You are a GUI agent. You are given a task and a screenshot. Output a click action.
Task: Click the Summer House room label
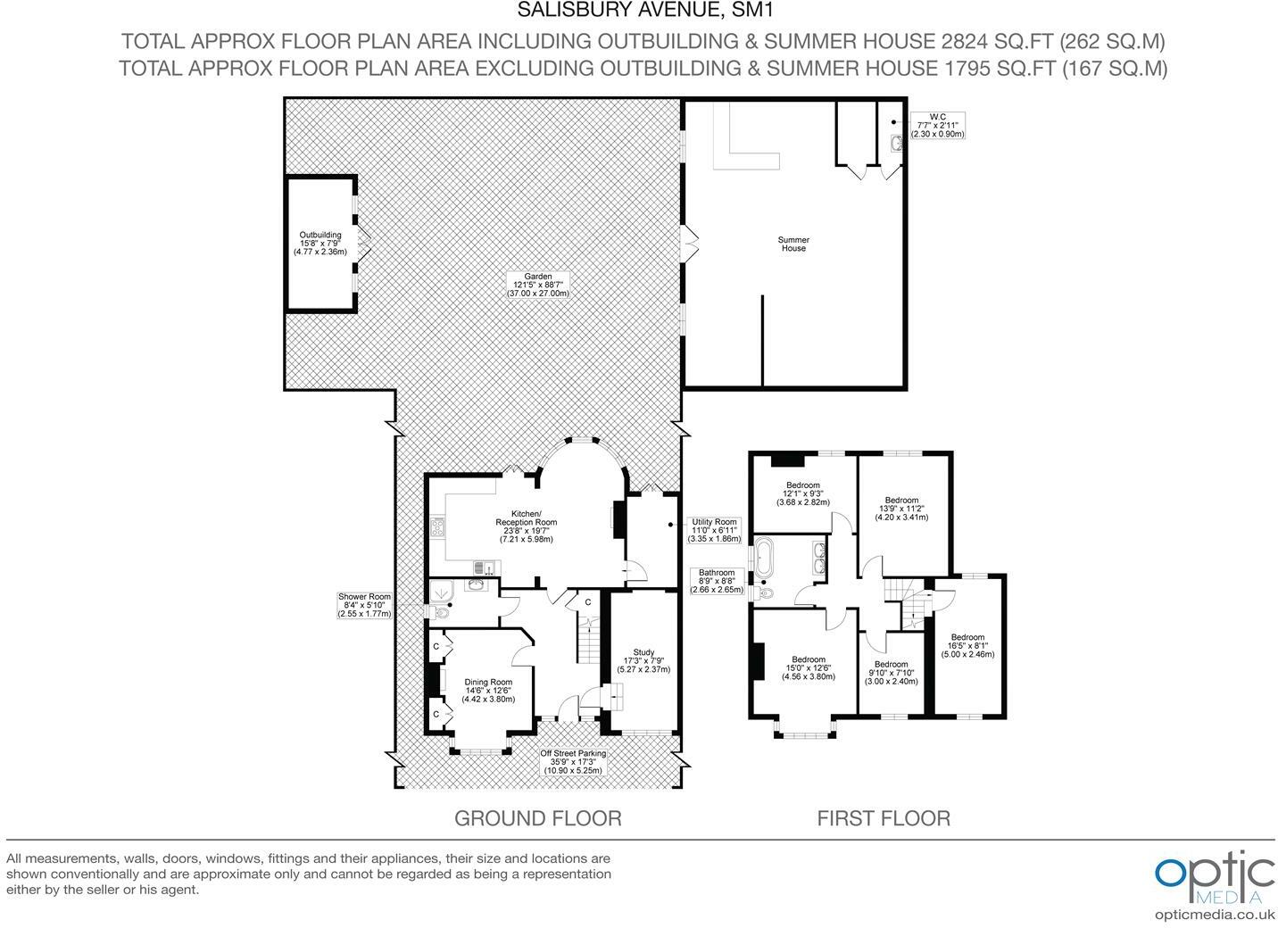pos(793,244)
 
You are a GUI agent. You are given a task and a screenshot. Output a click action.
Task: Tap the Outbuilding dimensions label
pos(320,244)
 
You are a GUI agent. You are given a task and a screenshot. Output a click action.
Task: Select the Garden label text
pos(538,285)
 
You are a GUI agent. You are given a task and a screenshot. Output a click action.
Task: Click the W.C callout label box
pos(937,125)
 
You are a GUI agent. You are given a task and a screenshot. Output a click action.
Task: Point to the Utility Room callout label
pos(714,530)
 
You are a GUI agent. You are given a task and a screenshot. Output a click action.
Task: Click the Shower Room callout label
pos(364,605)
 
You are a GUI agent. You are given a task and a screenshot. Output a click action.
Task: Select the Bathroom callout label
pos(717,581)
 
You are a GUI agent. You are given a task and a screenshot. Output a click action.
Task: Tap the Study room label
pos(643,660)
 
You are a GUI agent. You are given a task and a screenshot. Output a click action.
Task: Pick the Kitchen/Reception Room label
pos(527,526)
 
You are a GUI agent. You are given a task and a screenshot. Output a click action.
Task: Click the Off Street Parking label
pos(573,761)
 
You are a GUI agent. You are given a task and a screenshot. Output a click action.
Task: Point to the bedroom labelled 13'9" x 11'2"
pos(901,509)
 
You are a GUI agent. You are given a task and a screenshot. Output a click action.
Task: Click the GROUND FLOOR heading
pos(537,817)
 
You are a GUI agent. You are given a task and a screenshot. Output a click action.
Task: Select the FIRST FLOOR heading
pos(884,817)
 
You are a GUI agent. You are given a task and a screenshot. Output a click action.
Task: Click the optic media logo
pos(1214,880)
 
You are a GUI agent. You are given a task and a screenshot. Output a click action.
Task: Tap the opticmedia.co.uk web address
pos(1214,915)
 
